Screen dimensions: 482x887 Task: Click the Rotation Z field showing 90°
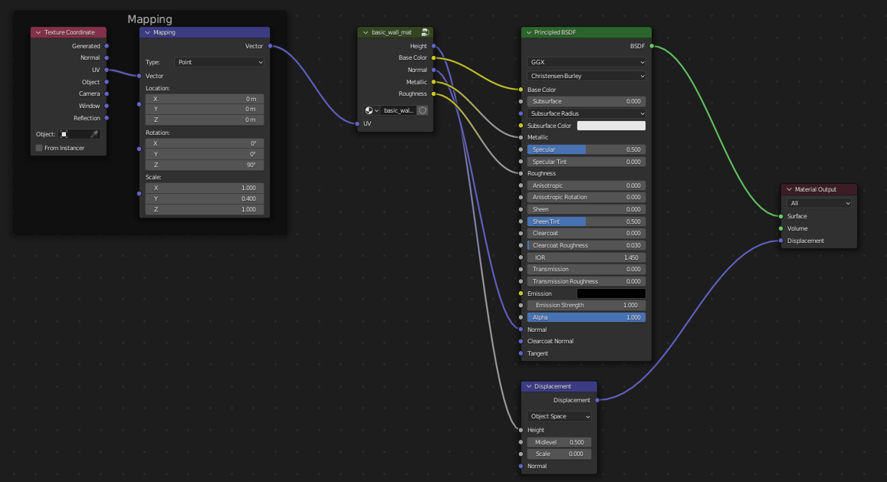pos(205,165)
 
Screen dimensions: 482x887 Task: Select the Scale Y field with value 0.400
pos(205,198)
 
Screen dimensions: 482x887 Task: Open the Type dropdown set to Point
pos(218,62)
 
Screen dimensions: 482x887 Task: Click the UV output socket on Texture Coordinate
pos(107,70)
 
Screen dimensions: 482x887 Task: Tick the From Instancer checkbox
pos(39,148)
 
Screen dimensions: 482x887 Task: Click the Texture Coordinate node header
pos(69,32)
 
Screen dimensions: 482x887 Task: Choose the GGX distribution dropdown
pos(586,63)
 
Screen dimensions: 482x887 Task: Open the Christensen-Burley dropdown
pos(586,77)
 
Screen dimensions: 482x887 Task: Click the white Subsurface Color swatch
pos(611,126)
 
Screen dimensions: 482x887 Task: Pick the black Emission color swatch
pos(611,293)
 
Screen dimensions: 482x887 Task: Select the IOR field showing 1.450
pos(586,257)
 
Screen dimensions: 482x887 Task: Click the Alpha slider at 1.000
pos(586,317)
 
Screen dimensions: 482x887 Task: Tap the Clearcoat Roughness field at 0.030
pos(586,245)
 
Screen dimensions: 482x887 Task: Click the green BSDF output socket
pos(652,46)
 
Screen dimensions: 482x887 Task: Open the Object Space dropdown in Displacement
pos(560,417)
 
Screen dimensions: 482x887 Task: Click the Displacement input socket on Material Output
pos(781,241)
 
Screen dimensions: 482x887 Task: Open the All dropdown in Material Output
pos(819,204)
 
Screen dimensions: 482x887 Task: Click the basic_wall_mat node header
pos(391,32)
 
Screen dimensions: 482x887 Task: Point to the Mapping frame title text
pos(149,19)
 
